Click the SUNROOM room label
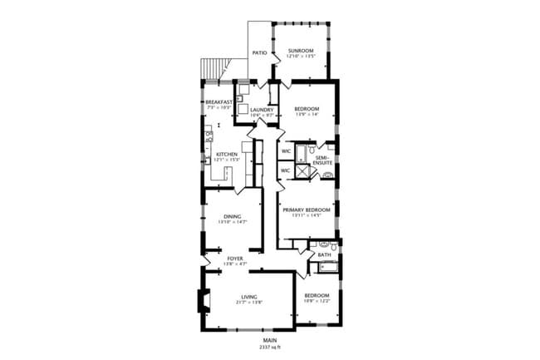[299, 52]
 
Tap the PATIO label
[259, 52]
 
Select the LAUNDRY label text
[262, 109]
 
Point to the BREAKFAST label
[218, 102]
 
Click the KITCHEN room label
[227, 155]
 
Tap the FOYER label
[235, 259]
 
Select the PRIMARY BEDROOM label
[306, 210]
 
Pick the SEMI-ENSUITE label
[322, 160]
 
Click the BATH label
[336, 254]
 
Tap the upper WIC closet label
[285, 151]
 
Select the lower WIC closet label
[285, 170]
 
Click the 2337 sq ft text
[270, 346]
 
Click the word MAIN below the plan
[270, 340]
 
